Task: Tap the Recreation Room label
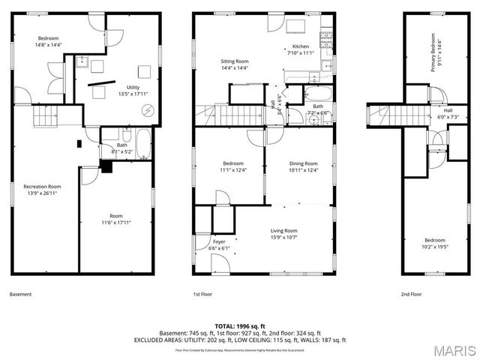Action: click(42, 186)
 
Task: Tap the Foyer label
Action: click(219, 242)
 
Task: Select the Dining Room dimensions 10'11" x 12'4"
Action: click(304, 170)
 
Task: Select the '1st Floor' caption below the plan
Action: click(202, 295)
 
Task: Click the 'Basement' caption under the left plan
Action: click(20, 295)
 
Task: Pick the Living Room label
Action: click(284, 231)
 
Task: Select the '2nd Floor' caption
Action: click(411, 295)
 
